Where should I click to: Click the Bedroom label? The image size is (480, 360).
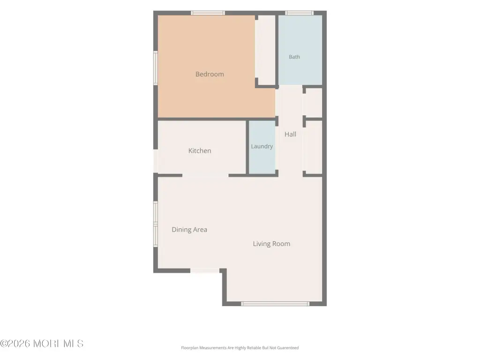point(210,74)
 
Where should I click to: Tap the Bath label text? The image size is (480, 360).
point(294,57)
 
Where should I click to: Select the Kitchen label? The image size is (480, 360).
point(200,150)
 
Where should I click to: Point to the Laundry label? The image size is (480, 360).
point(262,146)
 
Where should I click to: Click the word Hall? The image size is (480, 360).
point(290,134)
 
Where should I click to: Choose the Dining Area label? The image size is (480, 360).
point(189,230)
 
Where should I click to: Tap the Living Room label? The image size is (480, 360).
point(271,244)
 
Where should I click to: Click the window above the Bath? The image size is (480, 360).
point(299,13)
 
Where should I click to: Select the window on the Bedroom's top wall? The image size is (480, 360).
point(208,13)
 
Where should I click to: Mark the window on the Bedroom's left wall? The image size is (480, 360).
point(156,68)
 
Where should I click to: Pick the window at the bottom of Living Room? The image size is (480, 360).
point(275,304)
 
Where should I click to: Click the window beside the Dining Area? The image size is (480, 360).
point(156,224)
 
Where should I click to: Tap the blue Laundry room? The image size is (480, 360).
point(262,147)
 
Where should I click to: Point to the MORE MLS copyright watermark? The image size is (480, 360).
point(42,344)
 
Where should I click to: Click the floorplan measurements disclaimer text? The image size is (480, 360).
point(240,348)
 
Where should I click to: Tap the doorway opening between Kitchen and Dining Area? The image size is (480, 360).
point(205,175)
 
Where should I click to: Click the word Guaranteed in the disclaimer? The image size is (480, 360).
point(288,348)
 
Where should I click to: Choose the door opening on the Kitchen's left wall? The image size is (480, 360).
point(156,161)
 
